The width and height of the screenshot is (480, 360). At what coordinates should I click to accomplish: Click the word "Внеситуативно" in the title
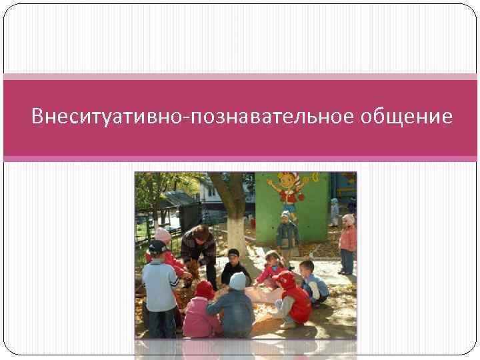point(110,117)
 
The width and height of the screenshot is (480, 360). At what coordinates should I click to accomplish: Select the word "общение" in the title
point(407,117)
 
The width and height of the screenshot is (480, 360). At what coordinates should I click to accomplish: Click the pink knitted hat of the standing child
point(163,235)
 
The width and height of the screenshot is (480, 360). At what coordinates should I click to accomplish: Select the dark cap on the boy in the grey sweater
point(157,247)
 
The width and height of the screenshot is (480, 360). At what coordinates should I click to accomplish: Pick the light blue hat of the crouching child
point(238,281)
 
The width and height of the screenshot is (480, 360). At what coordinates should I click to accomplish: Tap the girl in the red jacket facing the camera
point(271,269)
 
